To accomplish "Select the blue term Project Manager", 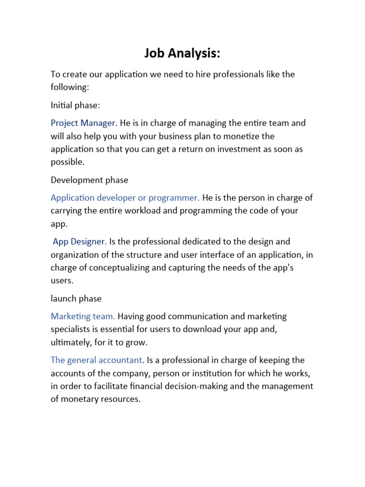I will [83, 123].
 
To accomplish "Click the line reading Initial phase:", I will [76, 105].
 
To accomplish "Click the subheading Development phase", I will [89, 180].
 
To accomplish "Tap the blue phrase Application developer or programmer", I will [125, 197].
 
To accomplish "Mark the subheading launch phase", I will [76, 299].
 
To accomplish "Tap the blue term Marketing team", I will [83, 316].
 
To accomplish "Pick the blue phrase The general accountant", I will [96, 360].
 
